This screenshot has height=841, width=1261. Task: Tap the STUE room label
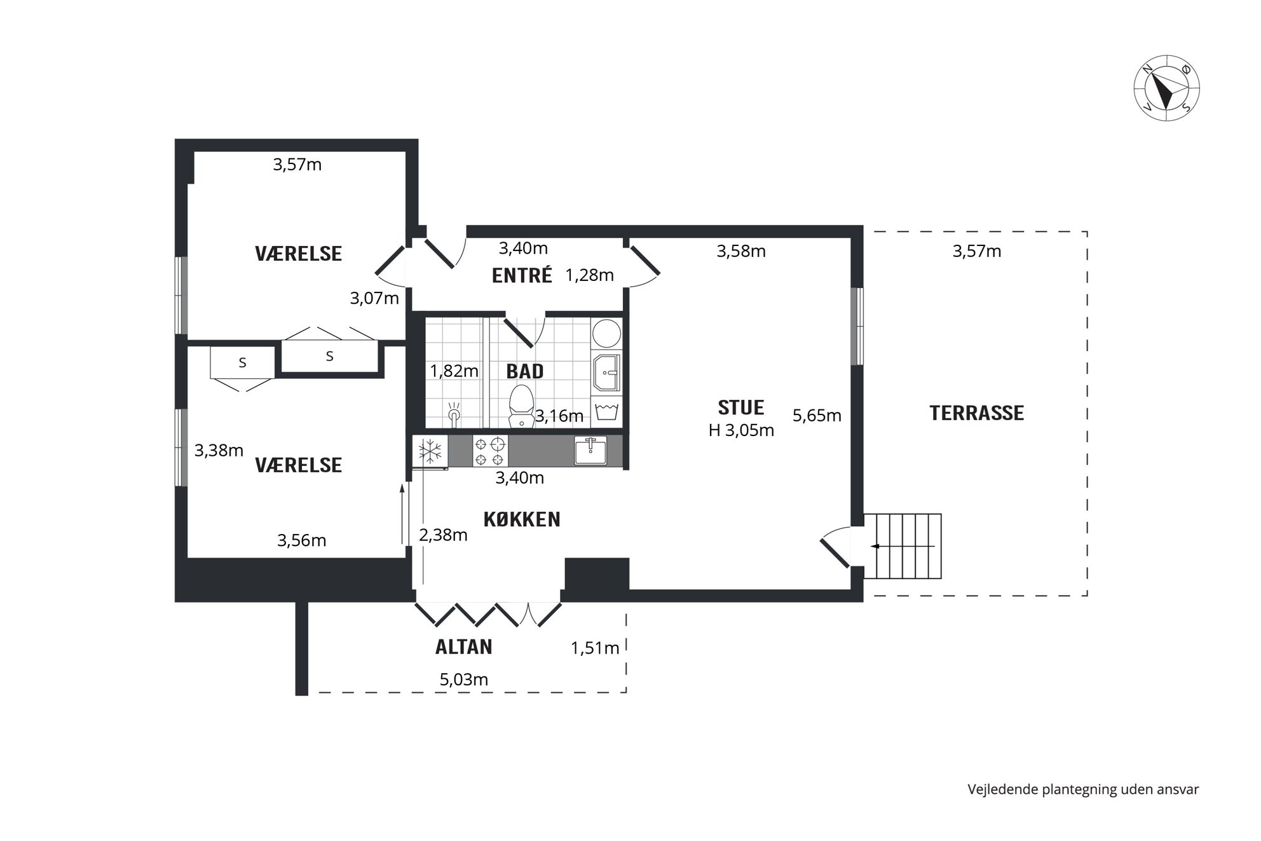click(x=741, y=407)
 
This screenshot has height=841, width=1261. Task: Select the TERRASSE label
click(x=977, y=413)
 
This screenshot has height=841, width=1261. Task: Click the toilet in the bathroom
click(x=522, y=405)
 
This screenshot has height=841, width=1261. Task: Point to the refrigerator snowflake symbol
click(x=430, y=451)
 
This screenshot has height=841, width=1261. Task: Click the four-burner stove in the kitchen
click(x=490, y=451)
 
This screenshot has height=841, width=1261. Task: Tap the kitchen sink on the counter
click(x=590, y=450)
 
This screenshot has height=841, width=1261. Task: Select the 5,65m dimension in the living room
click(x=817, y=416)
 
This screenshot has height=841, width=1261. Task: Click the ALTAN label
click(x=464, y=647)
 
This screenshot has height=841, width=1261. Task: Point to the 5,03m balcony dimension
click(x=464, y=680)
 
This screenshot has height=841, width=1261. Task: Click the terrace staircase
click(x=903, y=546)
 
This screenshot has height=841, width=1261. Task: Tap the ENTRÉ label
click(x=522, y=275)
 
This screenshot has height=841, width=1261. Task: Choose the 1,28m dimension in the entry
click(x=590, y=275)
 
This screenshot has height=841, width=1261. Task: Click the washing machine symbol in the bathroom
click(x=606, y=411)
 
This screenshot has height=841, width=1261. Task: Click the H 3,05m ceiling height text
click(x=741, y=430)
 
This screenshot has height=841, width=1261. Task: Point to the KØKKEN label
click(x=522, y=519)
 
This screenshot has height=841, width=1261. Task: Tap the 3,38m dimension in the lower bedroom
click(x=219, y=451)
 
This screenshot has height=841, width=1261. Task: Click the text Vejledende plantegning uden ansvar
click(x=1083, y=790)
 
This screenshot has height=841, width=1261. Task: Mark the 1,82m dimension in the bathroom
click(x=454, y=371)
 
